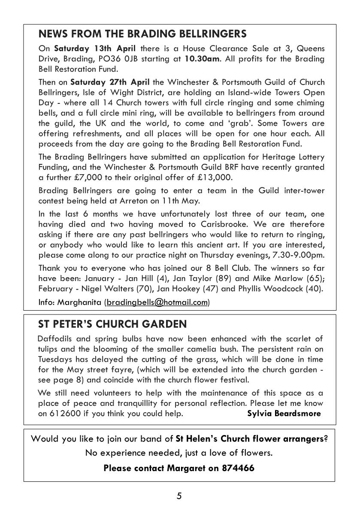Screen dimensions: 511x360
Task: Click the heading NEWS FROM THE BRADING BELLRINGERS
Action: click(142, 34)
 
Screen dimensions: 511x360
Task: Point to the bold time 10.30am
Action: click(202, 58)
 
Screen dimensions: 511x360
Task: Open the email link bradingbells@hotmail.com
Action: click(157, 302)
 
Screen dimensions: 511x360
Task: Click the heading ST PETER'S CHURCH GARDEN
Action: click(112, 324)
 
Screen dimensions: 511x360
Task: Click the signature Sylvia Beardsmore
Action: click(284, 414)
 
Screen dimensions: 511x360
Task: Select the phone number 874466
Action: click(238, 468)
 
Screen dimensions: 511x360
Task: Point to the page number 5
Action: click(179, 496)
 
